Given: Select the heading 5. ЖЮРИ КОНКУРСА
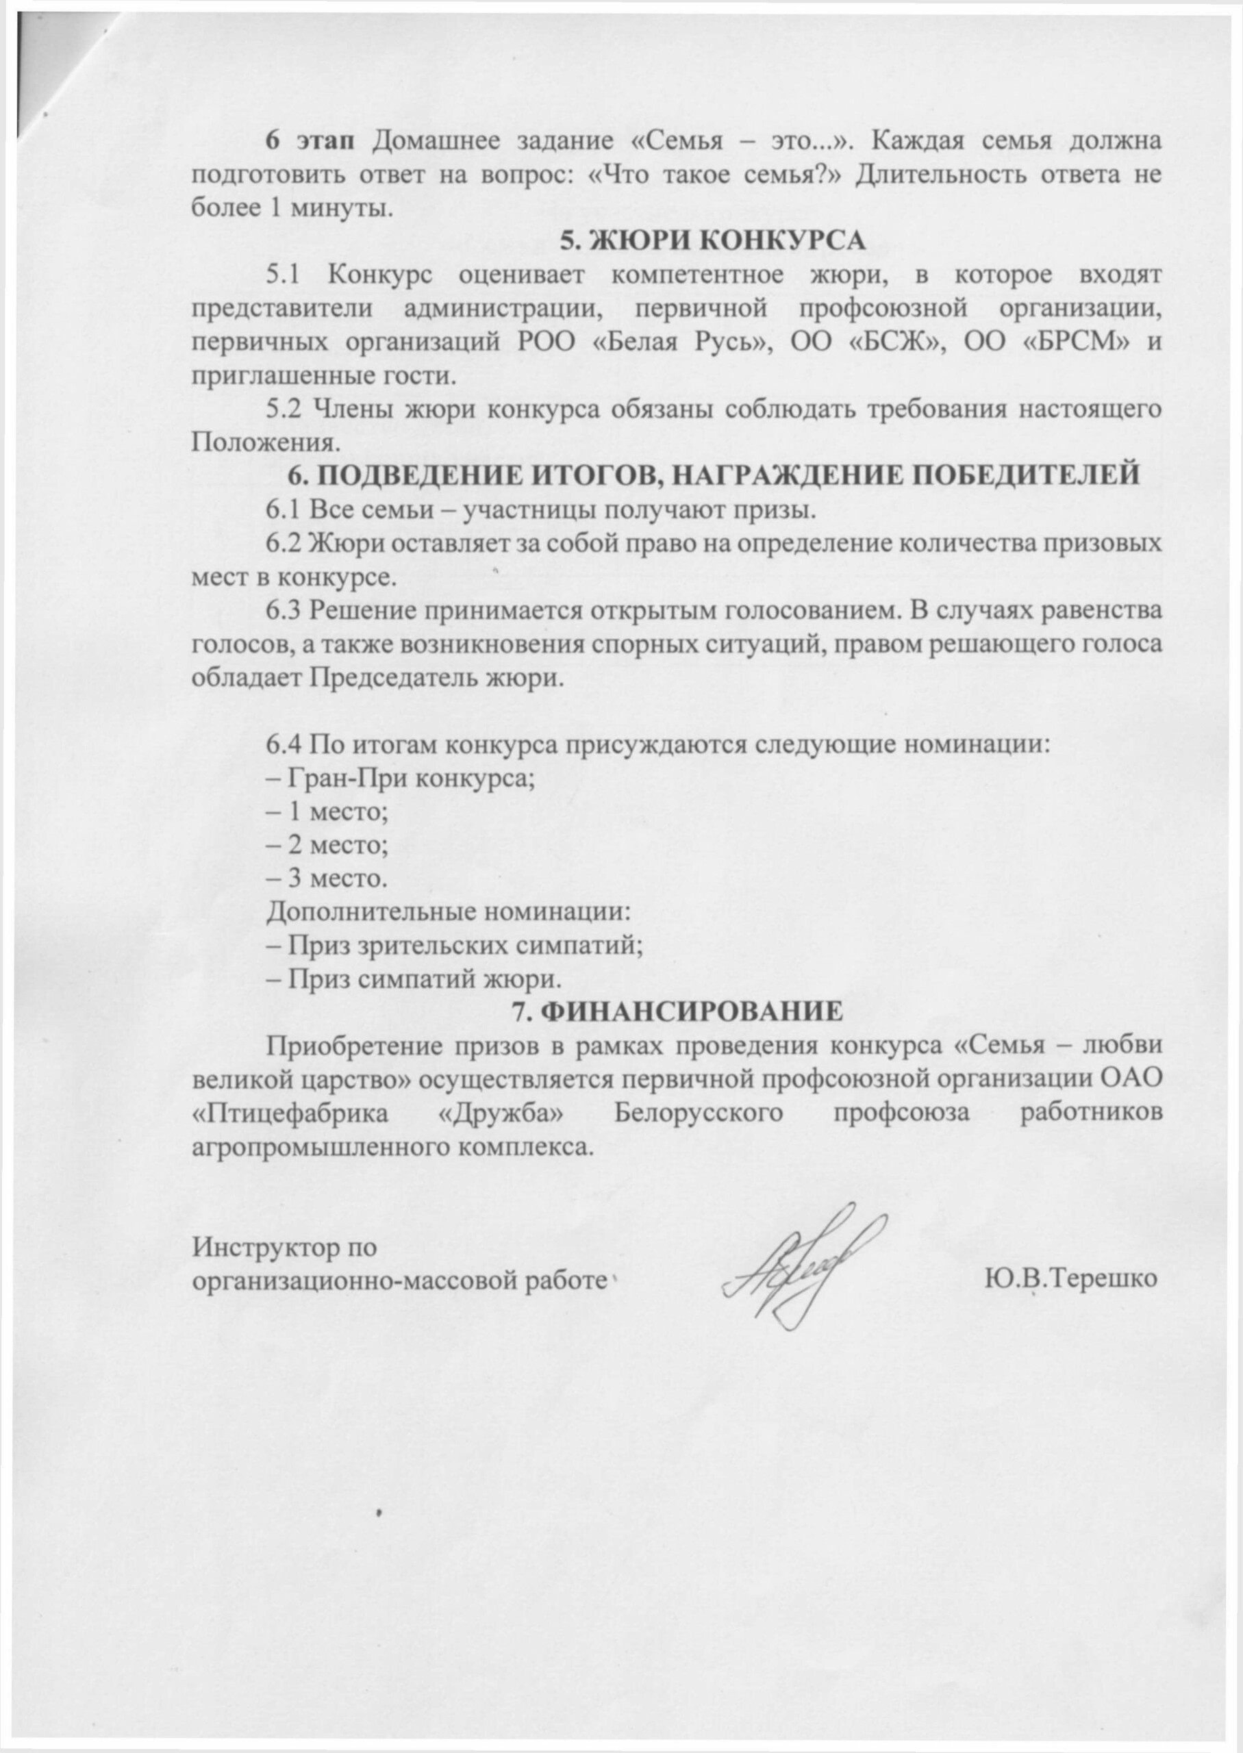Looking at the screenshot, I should pyautogui.click(x=712, y=240).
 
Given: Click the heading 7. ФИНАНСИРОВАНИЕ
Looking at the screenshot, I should pyautogui.click(x=677, y=1011).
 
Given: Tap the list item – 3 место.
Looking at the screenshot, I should pyautogui.click(x=326, y=878).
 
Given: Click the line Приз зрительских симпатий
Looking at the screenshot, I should pyautogui.click(x=454, y=945).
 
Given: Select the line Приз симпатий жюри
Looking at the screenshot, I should pyautogui.click(x=414, y=978).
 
